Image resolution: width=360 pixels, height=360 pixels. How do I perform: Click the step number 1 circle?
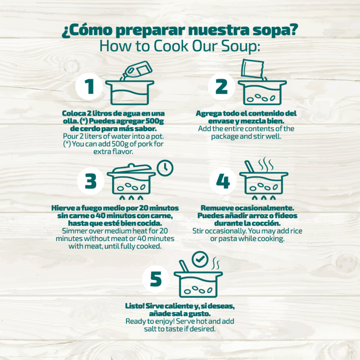pyautogui.click(x=89, y=86)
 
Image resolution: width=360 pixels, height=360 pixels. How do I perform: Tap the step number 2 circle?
pyautogui.click(x=222, y=86)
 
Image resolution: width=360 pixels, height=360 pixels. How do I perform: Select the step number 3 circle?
pyautogui.click(x=91, y=181)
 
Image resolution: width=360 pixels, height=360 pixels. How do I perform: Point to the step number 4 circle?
pyautogui.click(x=223, y=181)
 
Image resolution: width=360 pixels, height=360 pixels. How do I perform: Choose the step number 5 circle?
pyautogui.click(x=156, y=279)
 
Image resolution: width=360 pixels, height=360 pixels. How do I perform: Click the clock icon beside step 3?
pyautogui.click(x=165, y=168)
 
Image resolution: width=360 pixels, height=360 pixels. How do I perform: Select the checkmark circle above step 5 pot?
pyautogui.click(x=200, y=259)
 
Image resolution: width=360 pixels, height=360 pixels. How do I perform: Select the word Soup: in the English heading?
pyautogui.click(x=241, y=46)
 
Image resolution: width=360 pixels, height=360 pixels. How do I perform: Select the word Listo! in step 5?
pyautogui.click(x=135, y=306)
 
